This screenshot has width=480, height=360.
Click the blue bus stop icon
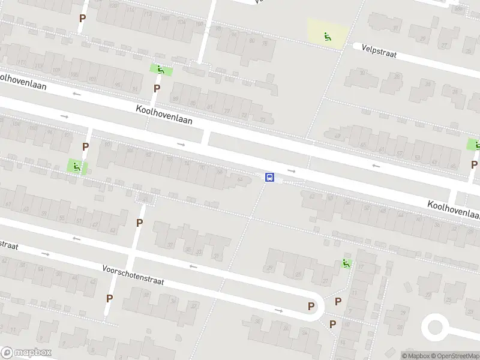pos(270,178)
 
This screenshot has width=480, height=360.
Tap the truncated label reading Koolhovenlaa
pos(454,210)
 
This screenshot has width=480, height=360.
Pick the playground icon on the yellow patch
pos(327,37)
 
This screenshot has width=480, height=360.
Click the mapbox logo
pos(26,353)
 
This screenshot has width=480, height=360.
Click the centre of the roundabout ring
pos(436,328)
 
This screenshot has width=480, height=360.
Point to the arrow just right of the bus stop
pos(292,171)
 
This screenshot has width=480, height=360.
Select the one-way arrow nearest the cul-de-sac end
pos(278,310)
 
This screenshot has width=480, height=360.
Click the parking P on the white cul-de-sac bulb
pos(311,306)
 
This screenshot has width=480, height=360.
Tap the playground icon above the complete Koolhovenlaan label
pos(160,70)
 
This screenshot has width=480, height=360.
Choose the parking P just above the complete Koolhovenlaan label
pos(157,88)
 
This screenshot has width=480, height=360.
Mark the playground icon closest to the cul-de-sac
pos(346,263)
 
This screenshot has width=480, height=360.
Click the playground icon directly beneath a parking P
pos(76,166)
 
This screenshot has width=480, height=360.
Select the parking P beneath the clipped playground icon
pos(474,164)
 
